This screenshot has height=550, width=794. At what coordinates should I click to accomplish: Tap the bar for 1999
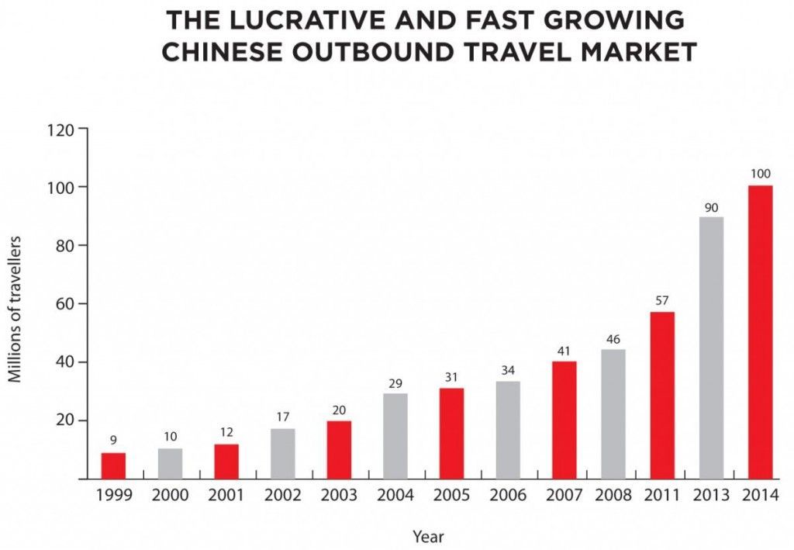tap(113, 465)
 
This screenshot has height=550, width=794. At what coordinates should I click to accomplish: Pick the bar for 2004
tap(395, 436)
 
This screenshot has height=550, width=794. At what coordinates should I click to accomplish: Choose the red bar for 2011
tap(662, 396)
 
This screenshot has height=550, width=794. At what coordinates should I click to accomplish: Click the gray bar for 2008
tap(613, 413)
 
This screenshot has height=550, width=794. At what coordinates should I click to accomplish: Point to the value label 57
tap(662, 301)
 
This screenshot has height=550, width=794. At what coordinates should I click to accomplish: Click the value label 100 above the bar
tap(760, 174)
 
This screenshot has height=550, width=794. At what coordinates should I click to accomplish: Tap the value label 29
tap(395, 383)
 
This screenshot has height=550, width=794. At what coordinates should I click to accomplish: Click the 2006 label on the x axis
tap(508, 495)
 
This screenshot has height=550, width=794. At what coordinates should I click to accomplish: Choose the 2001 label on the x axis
tap(226, 495)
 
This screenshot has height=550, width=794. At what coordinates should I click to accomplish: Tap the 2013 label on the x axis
tap(711, 495)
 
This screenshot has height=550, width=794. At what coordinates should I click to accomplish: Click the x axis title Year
tap(428, 535)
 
